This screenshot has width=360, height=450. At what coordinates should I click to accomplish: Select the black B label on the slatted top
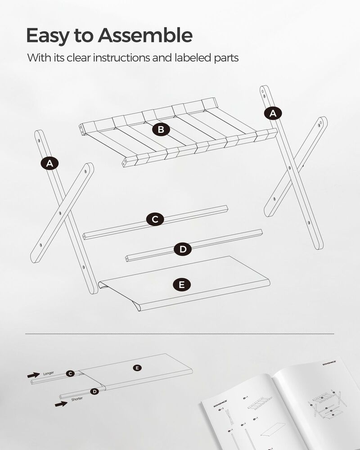coord(161,130)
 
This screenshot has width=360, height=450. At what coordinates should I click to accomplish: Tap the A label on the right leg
coord(272,114)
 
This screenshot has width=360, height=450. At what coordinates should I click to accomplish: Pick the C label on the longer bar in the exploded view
coord(155,219)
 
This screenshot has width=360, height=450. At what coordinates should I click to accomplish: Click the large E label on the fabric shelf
coord(181,284)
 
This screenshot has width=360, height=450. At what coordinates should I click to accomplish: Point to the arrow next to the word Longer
coord(33,374)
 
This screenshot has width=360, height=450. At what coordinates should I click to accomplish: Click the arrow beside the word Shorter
coord(61,404)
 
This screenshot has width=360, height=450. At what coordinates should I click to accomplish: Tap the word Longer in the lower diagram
coord(49,373)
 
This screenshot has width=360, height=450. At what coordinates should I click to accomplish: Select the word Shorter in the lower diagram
coord(77,399)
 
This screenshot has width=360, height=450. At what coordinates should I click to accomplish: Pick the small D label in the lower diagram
coord(94,391)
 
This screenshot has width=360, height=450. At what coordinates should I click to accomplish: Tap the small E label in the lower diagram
coord(137,368)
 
